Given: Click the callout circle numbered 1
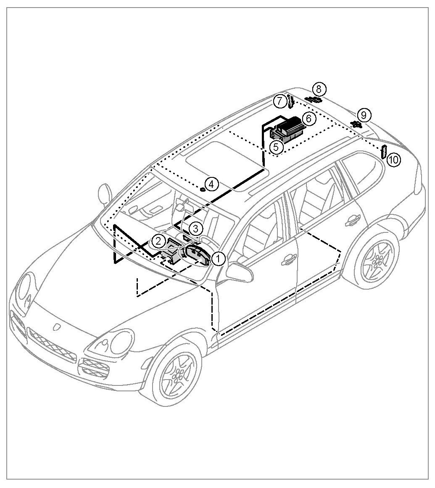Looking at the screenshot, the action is (219, 258).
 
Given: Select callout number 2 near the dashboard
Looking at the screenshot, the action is (158, 241).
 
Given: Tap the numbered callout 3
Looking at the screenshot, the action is (195, 229).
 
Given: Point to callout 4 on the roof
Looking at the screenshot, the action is (212, 184).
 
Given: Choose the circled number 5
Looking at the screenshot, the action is (276, 147).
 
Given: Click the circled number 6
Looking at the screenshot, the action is (308, 119).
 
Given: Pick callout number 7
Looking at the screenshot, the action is (279, 101).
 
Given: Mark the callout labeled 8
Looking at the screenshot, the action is (319, 89).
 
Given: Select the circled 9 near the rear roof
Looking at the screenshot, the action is (364, 114).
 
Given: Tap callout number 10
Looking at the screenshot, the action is (394, 159).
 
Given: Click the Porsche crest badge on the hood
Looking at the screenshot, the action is (56, 326).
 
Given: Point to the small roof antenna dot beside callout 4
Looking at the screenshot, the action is (202, 189).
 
